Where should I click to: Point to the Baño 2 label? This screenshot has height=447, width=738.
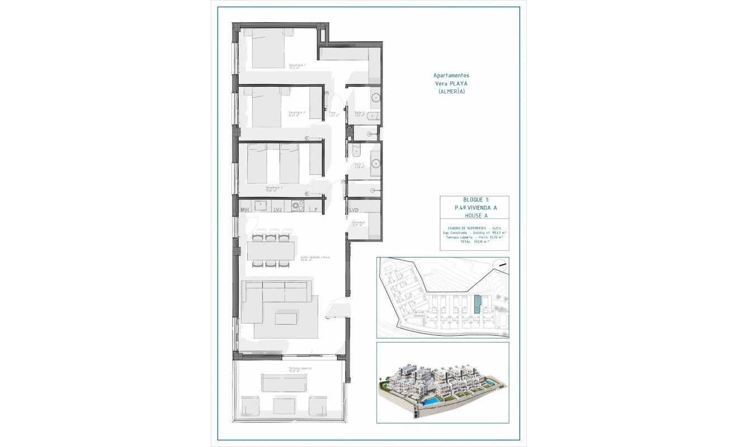pos(359,113)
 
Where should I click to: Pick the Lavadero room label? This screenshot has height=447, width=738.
pos(358,223)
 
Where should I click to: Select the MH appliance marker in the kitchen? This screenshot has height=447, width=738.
pos(244,210)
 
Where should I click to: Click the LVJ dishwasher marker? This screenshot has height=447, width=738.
pos(278,210)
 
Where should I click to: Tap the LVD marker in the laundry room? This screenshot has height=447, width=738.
pos(354,210)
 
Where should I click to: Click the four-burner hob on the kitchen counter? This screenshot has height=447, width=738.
pos(297,206)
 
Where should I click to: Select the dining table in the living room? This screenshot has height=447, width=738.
pos(271,250)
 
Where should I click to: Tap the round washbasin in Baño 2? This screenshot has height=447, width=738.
pos(375,98)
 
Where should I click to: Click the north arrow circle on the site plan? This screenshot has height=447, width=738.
pos(501,265)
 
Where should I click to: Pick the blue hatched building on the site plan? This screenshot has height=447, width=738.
pos(477,305)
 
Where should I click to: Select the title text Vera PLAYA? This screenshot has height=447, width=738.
pos(451,83)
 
